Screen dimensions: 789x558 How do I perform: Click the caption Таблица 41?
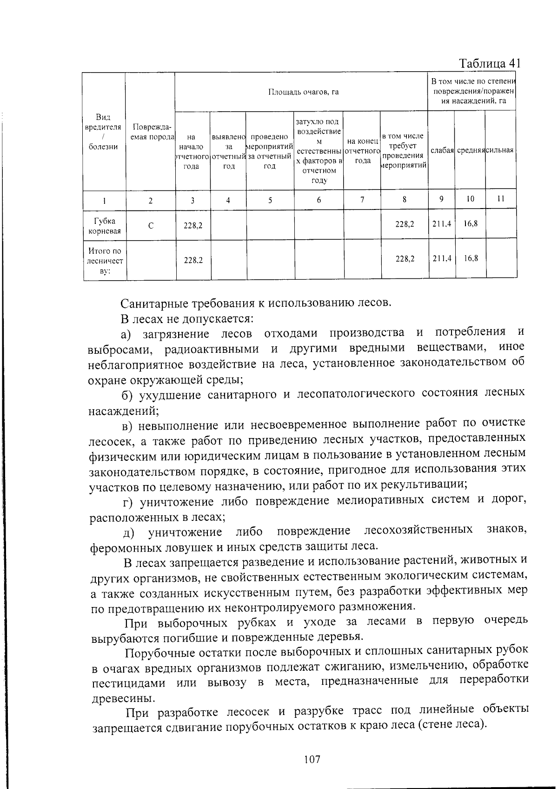489,63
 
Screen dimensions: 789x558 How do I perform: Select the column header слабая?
442,150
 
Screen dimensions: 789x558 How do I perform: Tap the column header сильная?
500,150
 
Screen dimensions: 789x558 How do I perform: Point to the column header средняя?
471,150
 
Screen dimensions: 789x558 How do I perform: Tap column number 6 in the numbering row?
319,200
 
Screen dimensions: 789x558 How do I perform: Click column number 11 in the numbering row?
500,199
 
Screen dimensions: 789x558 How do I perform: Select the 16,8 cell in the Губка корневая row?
471,223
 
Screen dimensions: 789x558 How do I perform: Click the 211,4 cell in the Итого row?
442,258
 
